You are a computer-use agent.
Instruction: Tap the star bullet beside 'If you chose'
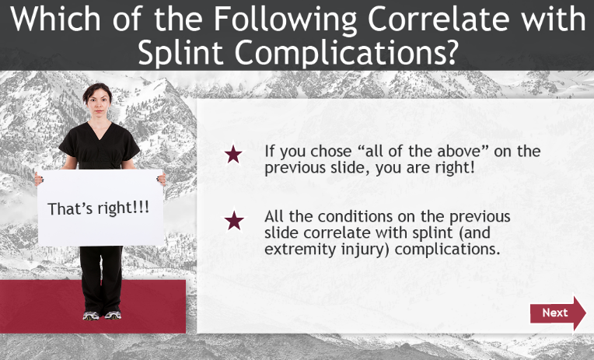[x=233, y=155]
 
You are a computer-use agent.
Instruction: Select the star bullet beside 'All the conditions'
[x=234, y=221]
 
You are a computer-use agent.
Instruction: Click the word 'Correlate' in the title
[x=439, y=18]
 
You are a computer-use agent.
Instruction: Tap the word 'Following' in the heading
[x=285, y=19]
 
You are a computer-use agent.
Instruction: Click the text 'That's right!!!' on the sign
[x=99, y=208]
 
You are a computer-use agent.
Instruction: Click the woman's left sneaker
[x=113, y=315]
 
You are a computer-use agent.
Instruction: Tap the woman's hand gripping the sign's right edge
[x=162, y=180]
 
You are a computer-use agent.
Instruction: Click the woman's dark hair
[x=97, y=90]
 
